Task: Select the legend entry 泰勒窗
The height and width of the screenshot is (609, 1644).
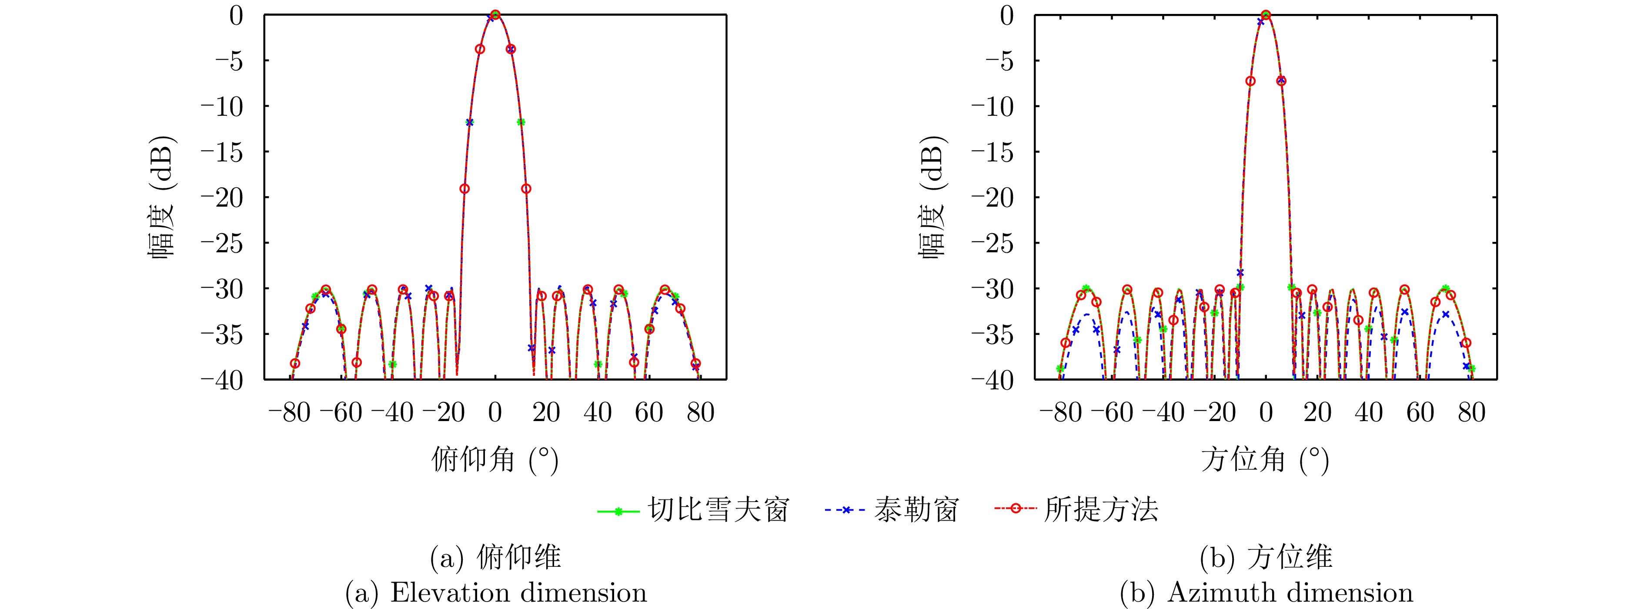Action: tap(916, 510)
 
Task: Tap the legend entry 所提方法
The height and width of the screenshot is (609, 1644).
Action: tap(1101, 510)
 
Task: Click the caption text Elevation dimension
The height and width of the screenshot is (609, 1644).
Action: tap(518, 592)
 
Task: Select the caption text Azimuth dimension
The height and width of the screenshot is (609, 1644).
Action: tap(1290, 592)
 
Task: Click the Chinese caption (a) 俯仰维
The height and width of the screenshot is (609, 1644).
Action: tap(496, 557)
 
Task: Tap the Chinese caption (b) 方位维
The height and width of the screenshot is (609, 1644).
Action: tap(1266, 557)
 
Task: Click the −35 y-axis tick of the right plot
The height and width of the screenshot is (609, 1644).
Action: tap(992, 335)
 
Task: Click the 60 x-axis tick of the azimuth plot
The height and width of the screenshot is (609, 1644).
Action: tap(1420, 412)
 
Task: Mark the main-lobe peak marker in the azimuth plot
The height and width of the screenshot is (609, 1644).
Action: tap(1266, 15)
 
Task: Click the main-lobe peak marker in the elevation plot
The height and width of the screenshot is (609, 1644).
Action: tap(496, 15)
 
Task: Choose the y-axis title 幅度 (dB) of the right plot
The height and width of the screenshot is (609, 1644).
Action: tap(932, 197)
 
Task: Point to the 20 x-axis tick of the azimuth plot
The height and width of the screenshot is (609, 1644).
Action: tap(1317, 412)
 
